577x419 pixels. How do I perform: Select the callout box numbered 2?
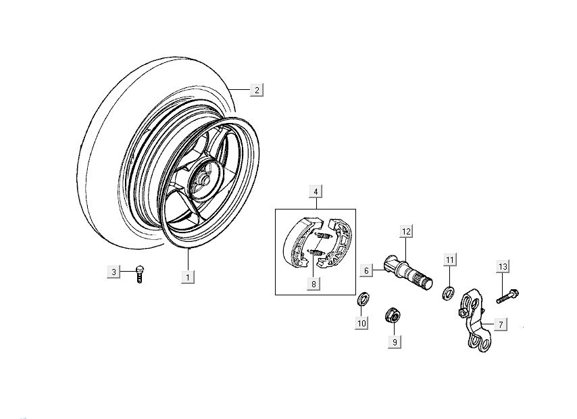[256, 91]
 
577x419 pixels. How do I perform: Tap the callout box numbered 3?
[114, 272]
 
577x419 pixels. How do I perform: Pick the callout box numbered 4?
[316, 191]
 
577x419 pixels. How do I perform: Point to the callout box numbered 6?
[366, 271]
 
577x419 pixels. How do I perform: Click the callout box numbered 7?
[499, 325]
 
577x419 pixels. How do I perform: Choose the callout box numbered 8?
[313, 285]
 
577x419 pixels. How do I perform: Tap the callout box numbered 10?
[361, 324]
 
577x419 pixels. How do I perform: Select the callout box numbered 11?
[450, 260]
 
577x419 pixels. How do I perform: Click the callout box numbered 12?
[405, 232]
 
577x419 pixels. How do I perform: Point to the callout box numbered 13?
[502, 267]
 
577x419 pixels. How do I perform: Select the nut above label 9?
[391, 315]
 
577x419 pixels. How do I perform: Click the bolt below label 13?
[508, 295]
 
